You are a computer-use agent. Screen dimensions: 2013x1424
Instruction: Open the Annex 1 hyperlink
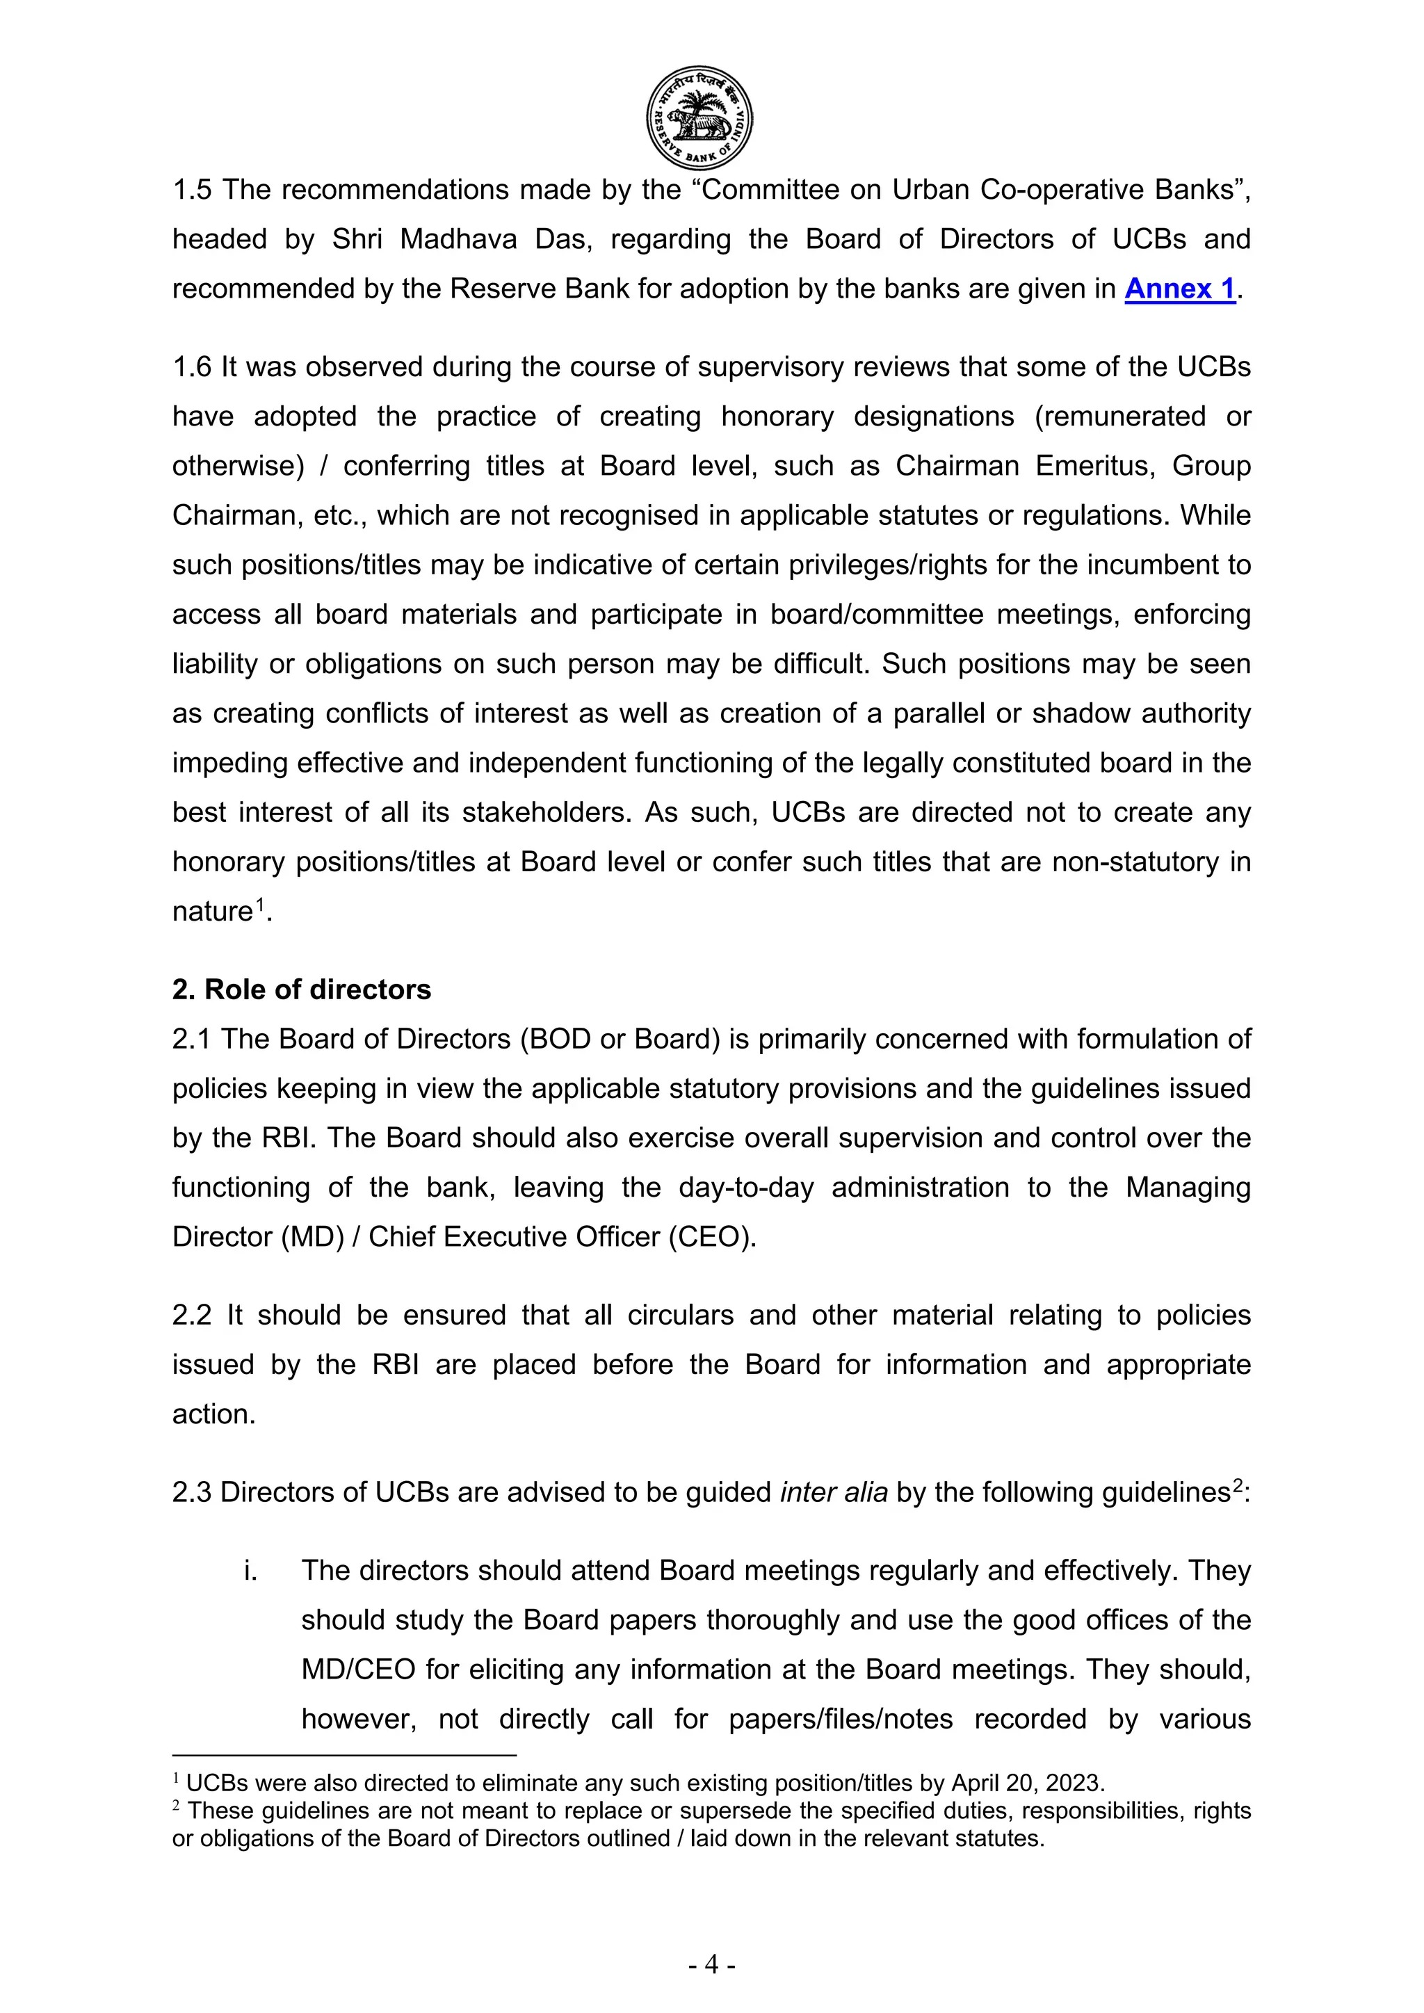[1179, 289]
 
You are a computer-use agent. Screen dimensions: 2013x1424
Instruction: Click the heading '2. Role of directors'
[301, 989]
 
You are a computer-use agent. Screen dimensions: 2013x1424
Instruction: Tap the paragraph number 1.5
[192, 189]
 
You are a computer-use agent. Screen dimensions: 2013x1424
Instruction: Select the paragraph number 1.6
[192, 366]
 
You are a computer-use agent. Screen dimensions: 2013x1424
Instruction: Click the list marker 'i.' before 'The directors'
[251, 1570]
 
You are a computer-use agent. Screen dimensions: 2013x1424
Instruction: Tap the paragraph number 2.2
[192, 1315]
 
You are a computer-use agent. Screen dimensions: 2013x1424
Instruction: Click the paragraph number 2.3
[192, 1492]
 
